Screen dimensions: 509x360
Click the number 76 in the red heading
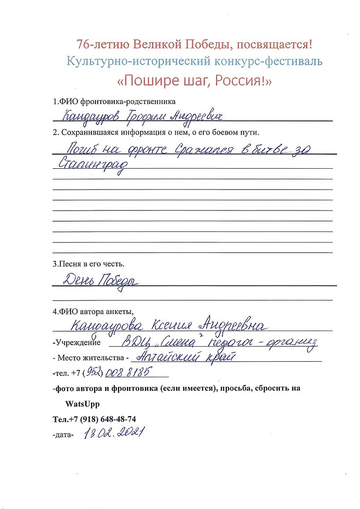coord(83,45)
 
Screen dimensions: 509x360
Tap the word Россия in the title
coord(242,80)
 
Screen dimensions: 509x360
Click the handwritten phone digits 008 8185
coord(127,373)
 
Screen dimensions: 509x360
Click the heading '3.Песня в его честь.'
coord(89,264)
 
